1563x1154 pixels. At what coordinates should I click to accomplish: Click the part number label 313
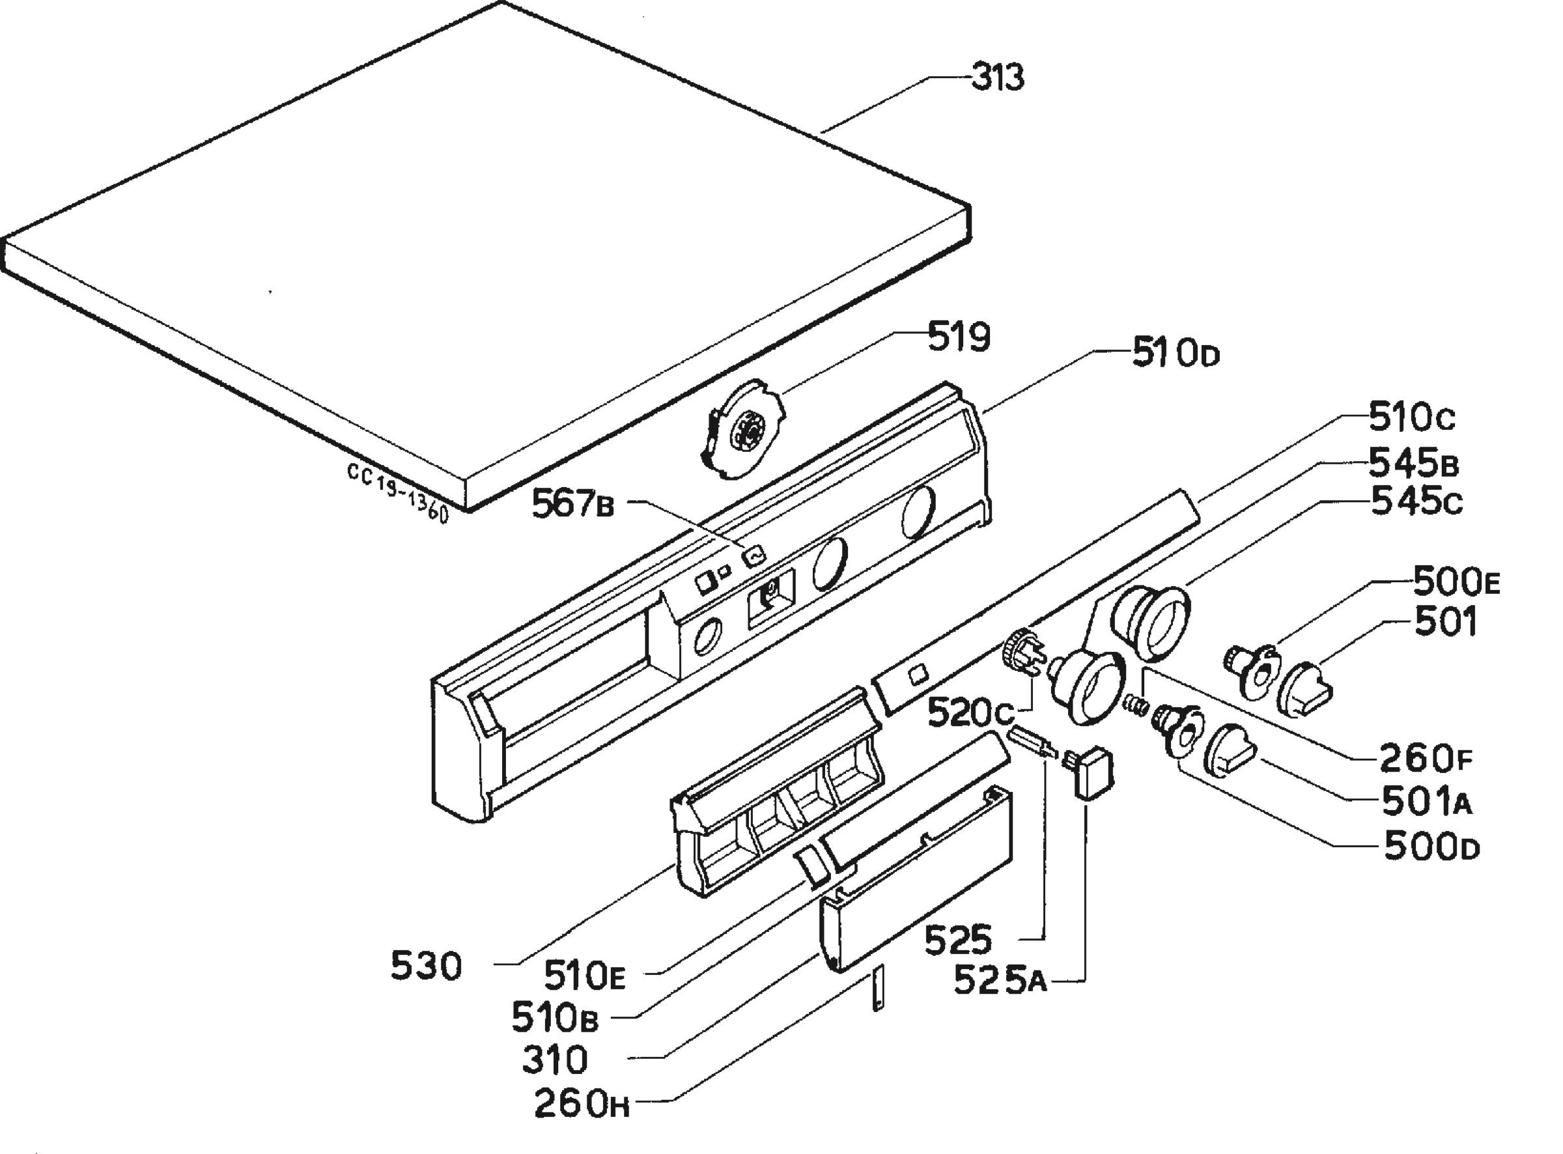click(x=998, y=77)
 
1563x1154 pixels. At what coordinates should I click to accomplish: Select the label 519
click(x=959, y=337)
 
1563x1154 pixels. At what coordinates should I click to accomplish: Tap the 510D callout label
click(x=1176, y=354)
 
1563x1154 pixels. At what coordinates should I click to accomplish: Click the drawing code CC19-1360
click(x=397, y=492)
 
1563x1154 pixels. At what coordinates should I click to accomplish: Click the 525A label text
click(x=1001, y=979)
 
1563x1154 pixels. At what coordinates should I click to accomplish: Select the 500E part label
click(x=1457, y=580)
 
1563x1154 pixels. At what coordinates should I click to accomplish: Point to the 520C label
click(x=971, y=713)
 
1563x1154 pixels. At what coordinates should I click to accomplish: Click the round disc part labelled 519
click(x=742, y=430)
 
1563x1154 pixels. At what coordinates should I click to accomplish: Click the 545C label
click(x=1417, y=501)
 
